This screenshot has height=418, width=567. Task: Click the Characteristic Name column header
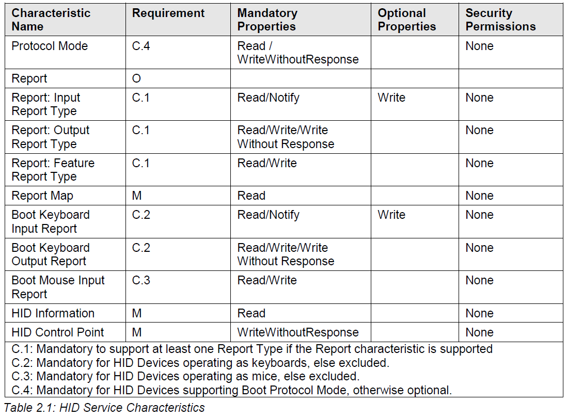[x=51, y=20]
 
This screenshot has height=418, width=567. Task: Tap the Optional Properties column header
[x=406, y=20]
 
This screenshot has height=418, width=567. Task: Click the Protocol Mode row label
[x=50, y=46]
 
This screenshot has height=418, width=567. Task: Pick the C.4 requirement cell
[x=140, y=46]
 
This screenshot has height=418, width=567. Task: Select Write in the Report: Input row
[x=391, y=98]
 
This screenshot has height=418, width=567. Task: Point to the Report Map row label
[x=42, y=196]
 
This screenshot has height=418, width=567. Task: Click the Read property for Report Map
[x=251, y=196]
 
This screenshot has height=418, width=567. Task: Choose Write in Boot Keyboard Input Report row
[x=391, y=215]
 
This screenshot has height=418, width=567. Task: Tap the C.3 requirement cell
[x=141, y=280]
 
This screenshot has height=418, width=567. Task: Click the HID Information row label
[x=53, y=313]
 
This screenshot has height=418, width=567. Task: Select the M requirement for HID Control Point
[x=137, y=332]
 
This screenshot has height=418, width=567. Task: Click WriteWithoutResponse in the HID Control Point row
[x=298, y=332]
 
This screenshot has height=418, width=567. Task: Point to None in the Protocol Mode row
[x=479, y=46]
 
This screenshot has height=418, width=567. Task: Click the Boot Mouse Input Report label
[x=58, y=287]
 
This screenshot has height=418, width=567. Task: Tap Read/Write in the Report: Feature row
[x=267, y=163]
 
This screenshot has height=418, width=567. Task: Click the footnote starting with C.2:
[x=200, y=362]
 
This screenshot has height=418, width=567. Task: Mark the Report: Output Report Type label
[x=51, y=137]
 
